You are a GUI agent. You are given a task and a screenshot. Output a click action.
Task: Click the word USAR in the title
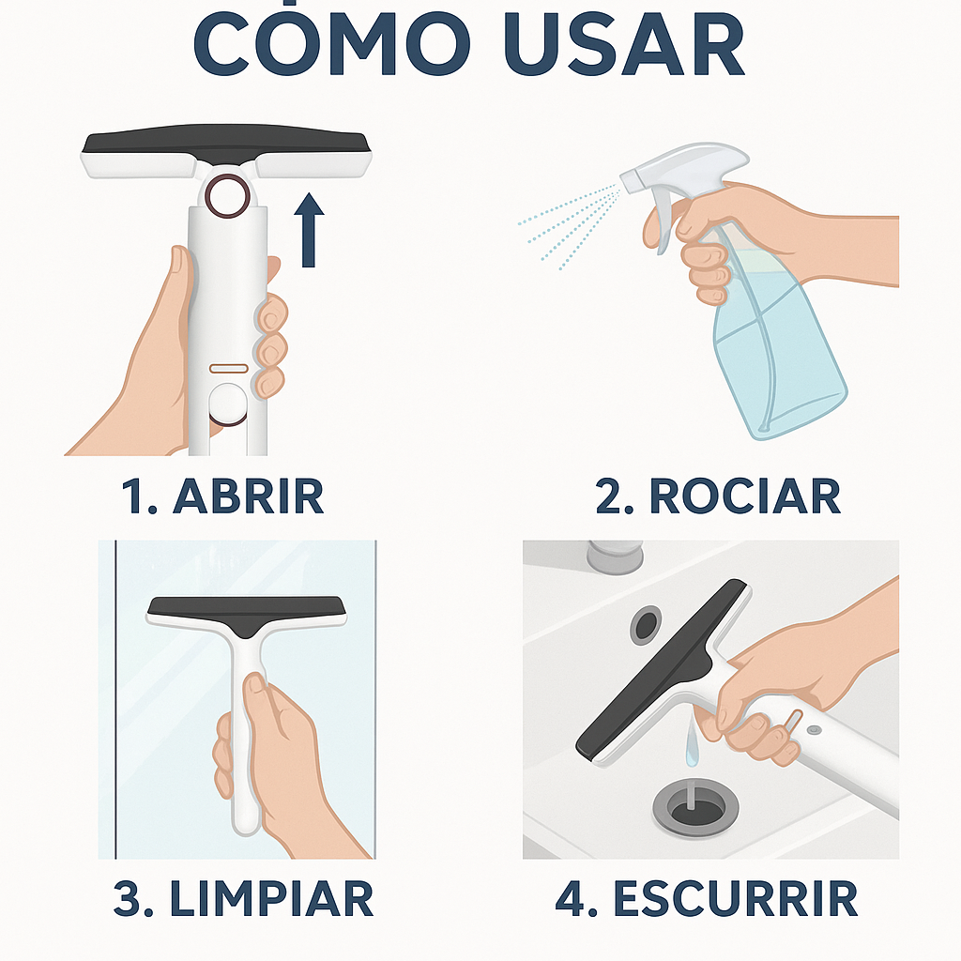[x=624, y=44]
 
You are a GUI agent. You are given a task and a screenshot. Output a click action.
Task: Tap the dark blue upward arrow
[x=308, y=230]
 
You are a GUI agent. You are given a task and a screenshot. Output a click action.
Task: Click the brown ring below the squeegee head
[x=227, y=196]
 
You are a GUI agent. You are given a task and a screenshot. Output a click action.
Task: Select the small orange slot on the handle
[x=229, y=368]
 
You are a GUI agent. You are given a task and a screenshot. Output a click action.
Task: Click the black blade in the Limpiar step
[x=247, y=613]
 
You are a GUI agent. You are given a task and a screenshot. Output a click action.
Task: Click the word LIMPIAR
[x=271, y=898]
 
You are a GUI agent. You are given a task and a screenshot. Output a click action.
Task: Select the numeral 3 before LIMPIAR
[x=127, y=899]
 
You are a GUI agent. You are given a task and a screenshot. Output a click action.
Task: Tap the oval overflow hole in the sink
[x=646, y=625]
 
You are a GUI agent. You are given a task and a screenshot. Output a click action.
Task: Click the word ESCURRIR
[x=736, y=898]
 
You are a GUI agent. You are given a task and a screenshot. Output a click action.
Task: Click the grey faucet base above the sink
[x=615, y=557]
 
